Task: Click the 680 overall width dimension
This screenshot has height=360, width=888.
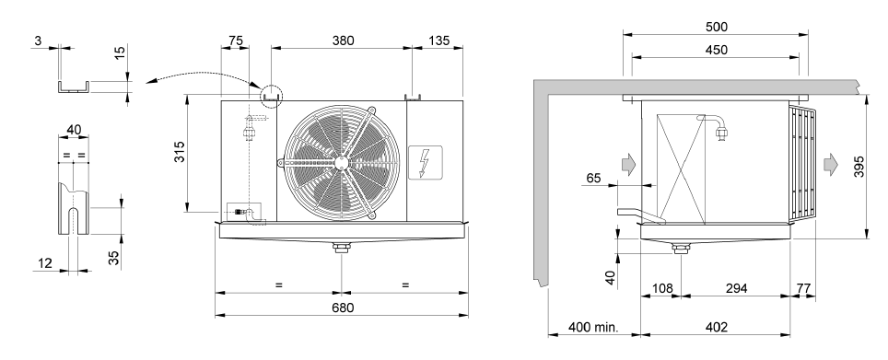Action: tap(343, 308)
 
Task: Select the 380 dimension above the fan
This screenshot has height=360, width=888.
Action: tap(343, 41)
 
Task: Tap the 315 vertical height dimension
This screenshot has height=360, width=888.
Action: tap(179, 152)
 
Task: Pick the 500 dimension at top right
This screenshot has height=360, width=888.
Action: tap(717, 27)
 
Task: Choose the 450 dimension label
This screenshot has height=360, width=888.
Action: tap(717, 50)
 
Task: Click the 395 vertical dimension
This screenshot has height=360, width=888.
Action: tap(859, 167)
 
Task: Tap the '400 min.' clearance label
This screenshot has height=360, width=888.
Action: tap(593, 327)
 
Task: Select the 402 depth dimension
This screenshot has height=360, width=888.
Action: tap(717, 327)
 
